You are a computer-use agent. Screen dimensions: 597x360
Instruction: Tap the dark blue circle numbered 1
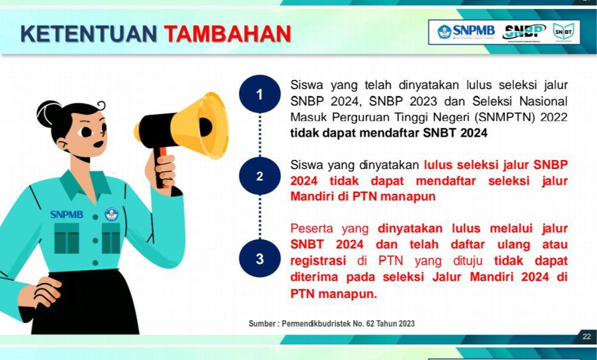pyautogui.click(x=260, y=94)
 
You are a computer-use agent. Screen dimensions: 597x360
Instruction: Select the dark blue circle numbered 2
pyautogui.click(x=260, y=176)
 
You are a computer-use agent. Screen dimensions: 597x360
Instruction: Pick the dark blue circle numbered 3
pyautogui.click(x=260, y=259)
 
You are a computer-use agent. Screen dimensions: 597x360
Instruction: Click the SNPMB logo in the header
pyautogui.click(x=466, y=31)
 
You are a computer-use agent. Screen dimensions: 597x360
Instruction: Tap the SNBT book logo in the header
pyautogui.click(x=564, y=32)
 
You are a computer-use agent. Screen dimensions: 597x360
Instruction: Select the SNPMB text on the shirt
pyautogui.click(x=67, y=214)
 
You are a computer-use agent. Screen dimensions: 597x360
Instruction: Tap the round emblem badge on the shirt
pyautogui.click(x=112, y=214)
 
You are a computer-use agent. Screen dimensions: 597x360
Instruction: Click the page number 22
pyautogui.click(x=587, y=336)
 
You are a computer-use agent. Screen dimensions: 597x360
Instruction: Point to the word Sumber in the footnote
pyautogui.click(x=262, y=324)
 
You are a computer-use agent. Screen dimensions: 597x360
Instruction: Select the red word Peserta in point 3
pyautogui.click(x=312, y=228)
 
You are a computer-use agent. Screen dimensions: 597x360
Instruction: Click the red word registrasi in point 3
pyautogui.click(x=318, y=261)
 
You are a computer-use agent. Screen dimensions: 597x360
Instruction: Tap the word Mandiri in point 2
pyautogui.click(x=313, y=196)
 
